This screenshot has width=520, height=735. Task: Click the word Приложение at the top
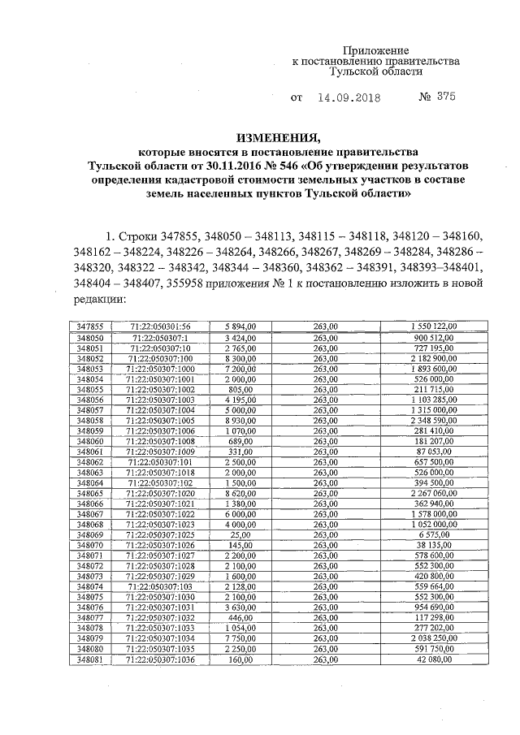(380, 50)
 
